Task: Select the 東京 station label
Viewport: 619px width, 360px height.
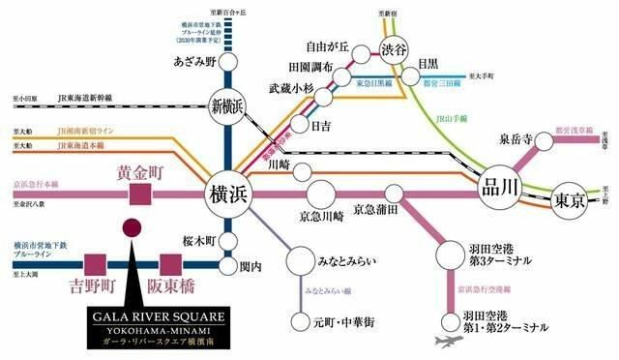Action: [568, 201]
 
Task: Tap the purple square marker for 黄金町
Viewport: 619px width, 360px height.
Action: [141, 194]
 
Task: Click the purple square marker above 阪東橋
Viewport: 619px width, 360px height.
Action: [171, 262]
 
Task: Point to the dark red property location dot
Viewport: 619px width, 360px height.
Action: [130, 228]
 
